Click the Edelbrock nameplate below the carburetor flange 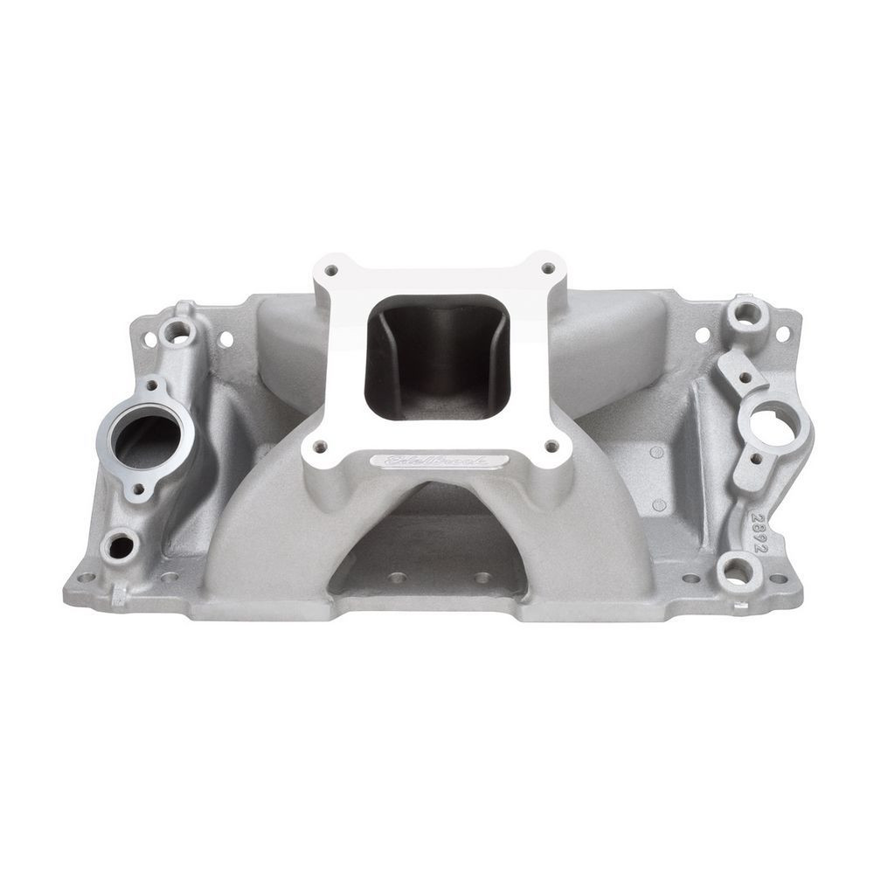[437, 461]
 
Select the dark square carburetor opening [436, 354]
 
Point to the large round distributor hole [766, 424]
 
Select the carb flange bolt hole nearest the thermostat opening [320, 447]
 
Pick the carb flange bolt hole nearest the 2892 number [551, 446]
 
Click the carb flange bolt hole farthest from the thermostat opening [548, 268]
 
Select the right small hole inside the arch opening [480, 578]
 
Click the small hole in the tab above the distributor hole [745, 378]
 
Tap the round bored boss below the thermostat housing [118, 546]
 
